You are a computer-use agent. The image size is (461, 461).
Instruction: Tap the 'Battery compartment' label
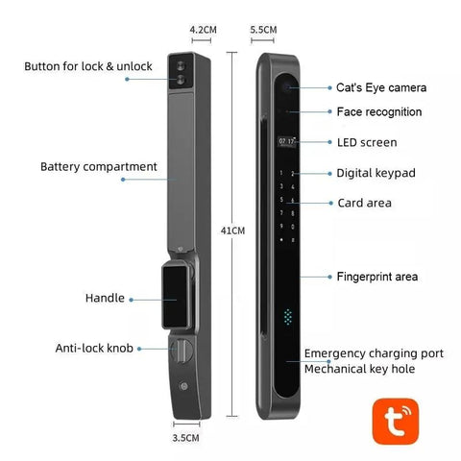click(x=98, y=166)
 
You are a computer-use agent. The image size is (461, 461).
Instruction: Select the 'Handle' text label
click(x=106, y=299)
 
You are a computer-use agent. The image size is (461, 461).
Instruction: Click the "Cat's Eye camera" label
click(x=381, y=87)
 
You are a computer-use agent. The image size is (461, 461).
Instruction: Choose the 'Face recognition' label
click(x=378, y=112)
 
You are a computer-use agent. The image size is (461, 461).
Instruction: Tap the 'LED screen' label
click(x=366, y=142)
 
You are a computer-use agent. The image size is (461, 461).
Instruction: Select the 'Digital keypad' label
click(x=376, y=173)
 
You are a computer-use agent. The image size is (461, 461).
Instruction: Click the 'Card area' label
click(x=364, y=203)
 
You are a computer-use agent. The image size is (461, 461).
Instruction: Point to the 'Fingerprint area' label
click(x=376, y=277)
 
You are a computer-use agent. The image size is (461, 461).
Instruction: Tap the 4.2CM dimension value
click(x=203, y=30)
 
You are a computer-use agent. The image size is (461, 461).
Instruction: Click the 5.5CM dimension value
click(x=262, y=30)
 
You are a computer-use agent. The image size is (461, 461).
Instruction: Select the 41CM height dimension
click(x=232, y=230)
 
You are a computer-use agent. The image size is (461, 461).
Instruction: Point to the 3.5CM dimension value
click(x=187, y=438)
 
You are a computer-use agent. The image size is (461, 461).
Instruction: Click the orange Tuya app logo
click(x=399, y=420)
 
